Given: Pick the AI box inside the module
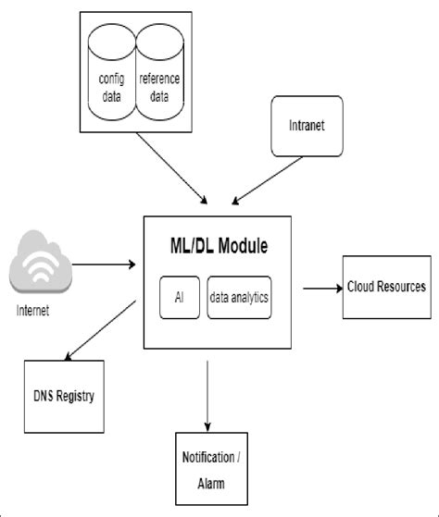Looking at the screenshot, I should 179,298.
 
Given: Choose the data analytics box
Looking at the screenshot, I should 239,298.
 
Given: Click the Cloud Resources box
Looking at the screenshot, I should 387,287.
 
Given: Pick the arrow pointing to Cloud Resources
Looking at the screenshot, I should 321,288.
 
